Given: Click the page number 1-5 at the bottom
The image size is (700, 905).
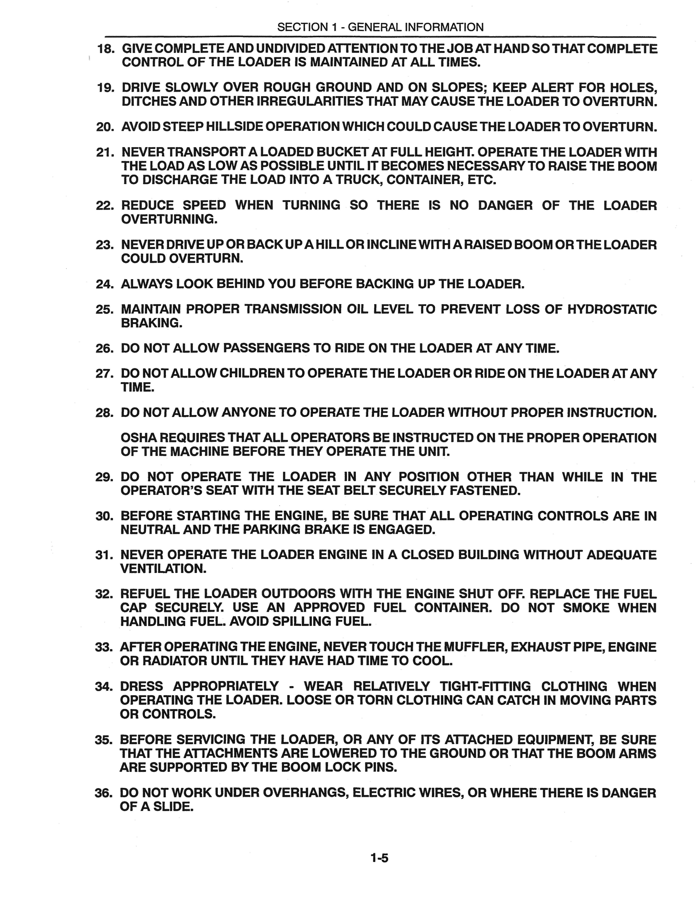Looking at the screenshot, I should pos(379,858).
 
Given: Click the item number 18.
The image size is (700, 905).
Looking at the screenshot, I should pos(105,49).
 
